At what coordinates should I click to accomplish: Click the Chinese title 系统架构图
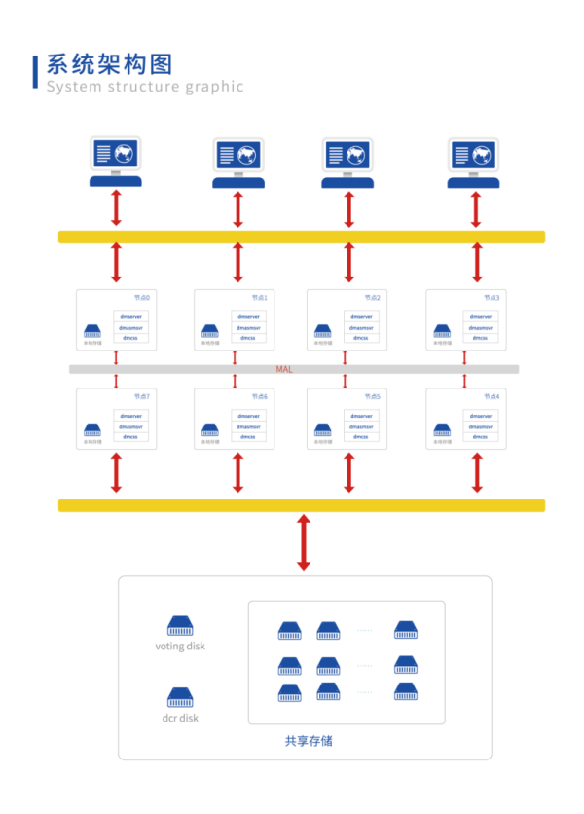(109, 64)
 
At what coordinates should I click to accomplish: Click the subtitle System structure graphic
(145, 87)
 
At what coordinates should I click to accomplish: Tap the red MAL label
(284, 370)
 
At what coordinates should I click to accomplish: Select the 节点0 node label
(141, 297)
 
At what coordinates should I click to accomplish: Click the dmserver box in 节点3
(480, 316)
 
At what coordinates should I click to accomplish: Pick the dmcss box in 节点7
(130, 437)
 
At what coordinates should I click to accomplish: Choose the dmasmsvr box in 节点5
(360, 426)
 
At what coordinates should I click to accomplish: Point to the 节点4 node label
(492, 396)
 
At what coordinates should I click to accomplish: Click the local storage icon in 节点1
(210, 332)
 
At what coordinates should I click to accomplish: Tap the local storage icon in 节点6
(210, 430)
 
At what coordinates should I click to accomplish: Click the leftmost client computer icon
(116, 161)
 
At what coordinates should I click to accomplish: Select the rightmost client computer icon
(475, 162)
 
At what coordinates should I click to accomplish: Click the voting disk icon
(180, 625)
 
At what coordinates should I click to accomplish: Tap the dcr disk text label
(180, 719)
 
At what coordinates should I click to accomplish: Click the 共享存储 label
(309, 741)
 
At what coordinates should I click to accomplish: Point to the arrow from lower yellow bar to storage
(303, 542)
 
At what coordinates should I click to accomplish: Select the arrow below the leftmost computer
(116, 208)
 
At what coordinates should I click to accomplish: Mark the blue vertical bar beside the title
(36, 72)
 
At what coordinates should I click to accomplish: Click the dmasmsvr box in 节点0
(130, 327)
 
